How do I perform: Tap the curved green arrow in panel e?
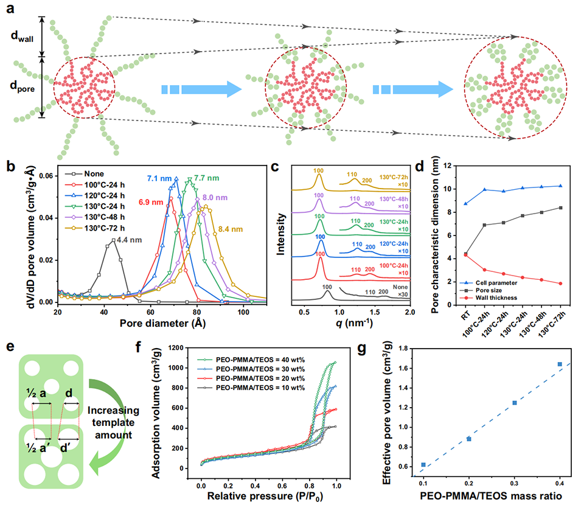pyautogui.click(x=115, y=428)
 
